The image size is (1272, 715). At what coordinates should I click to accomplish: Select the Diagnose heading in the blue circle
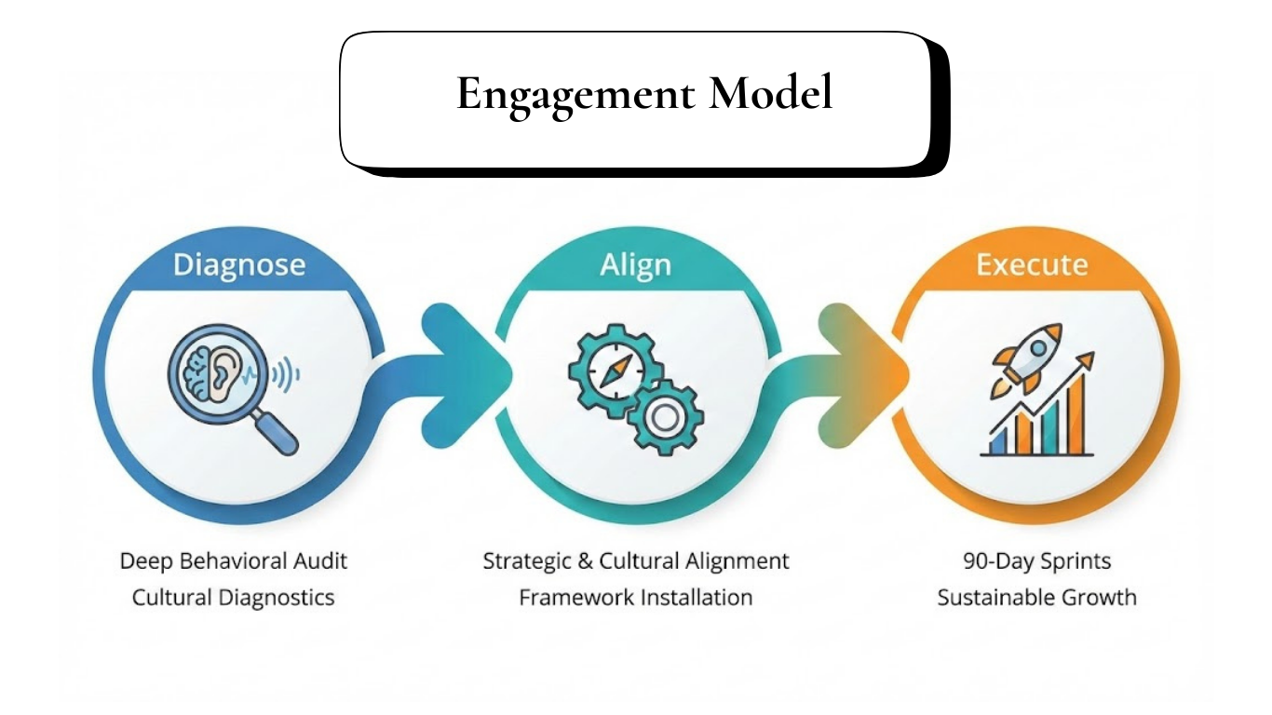click(238, 264)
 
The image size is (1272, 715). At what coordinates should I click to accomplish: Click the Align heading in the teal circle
click(635, 264)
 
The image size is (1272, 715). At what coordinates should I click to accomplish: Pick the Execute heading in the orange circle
click(1032, 264)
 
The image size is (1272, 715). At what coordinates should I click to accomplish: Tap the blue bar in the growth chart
click(996, 442)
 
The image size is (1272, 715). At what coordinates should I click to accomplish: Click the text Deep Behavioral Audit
click(234, 561)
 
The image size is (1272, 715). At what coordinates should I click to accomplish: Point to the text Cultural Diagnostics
click(234, 597)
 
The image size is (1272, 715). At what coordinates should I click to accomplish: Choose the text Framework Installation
click(635, 597)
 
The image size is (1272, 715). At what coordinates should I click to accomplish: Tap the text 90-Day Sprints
click(1036, 561)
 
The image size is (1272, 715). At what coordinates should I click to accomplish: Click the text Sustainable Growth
click(1036, 597)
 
